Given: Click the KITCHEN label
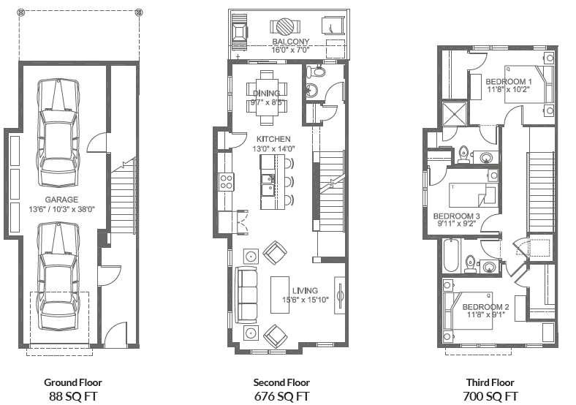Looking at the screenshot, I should click(x=273, y=139).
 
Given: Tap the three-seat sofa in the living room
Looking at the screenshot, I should click(x=247, y=295).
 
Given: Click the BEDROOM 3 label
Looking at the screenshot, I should click(x=456, y=216).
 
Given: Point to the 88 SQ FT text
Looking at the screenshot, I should click(x=72, y=396).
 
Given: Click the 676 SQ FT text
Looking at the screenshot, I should click(x=281, y=396).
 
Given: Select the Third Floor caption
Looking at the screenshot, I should click(x=490, y=382).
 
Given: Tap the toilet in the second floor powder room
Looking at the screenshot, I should click(x=317, y=72).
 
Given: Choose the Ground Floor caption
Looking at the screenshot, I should click(x=72, y=382).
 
